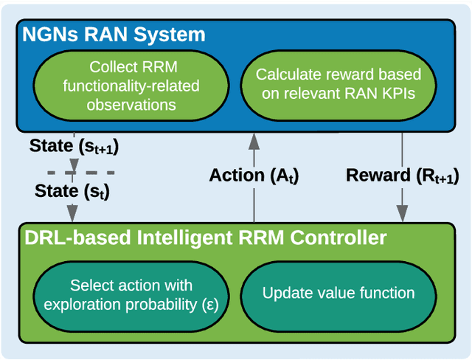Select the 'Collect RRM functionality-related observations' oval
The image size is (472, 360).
coord(130,85)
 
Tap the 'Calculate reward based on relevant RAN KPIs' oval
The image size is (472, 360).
coord(338,85)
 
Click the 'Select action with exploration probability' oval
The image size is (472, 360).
coord(130,294)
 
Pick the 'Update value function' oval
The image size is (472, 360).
coord(338,294)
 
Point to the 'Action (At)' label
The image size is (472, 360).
coord(253,176)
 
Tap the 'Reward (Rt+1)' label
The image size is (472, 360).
coord(401,176)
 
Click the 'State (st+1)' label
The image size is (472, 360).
coord(73,147)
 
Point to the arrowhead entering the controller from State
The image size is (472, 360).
coord(73,215)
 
